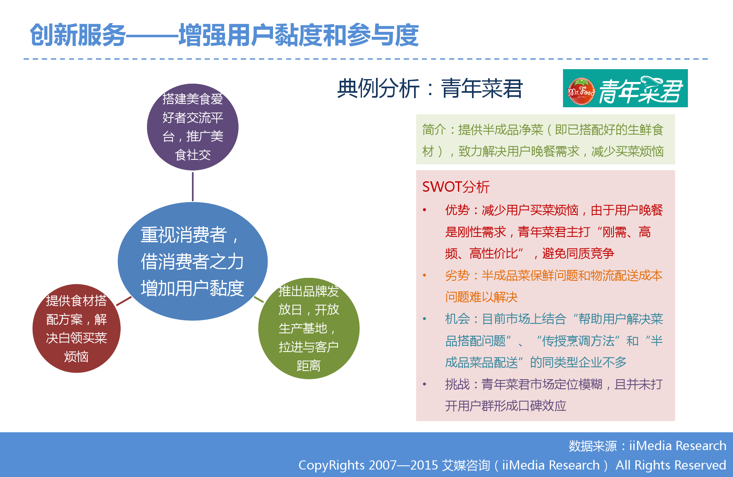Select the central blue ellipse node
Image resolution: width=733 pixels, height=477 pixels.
(193, 261)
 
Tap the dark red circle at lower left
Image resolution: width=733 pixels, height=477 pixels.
(77, 328)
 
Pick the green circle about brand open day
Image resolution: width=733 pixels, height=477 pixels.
(309, 328)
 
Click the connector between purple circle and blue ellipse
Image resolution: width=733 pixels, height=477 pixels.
(193, 187)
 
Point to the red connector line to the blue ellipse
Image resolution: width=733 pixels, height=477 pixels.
(124, 301)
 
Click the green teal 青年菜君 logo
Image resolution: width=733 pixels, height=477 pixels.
(625, 88)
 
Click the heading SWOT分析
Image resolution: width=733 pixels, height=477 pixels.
(456, 187)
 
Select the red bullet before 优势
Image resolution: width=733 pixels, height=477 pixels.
(424, 210)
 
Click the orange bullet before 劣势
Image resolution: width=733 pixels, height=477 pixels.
(424, 275)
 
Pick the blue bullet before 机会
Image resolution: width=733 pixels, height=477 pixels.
(424, 319)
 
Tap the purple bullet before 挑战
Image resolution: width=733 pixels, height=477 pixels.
(424, 384)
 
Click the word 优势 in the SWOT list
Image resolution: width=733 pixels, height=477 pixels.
(457, 210)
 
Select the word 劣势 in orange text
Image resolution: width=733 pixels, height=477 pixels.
(457, 275)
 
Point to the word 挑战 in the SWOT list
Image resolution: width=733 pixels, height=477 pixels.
(457, 384)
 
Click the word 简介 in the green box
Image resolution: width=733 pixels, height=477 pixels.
(434, 130)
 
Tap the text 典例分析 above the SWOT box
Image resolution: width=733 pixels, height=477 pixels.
(378, 88)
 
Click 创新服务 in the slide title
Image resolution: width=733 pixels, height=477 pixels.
(78, 35)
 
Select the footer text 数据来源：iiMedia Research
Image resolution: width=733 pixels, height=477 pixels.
(647, 446)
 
